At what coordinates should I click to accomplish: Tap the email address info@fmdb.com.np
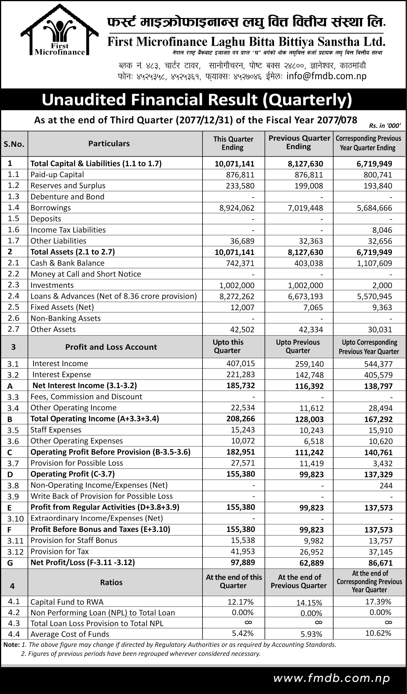(x=326, y=76)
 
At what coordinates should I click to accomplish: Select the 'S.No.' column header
(x=14, y=144)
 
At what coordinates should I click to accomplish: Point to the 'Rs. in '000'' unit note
(x=385, y=125)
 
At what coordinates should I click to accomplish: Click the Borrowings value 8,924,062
(x=237, y=208)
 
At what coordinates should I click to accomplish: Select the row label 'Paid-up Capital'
(x=57, y=175)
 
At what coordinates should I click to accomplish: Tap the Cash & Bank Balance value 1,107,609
(x=374, y=263)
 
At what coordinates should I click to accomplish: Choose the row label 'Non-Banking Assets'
(x=65, y=318)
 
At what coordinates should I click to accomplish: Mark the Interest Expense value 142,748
(x=309, y=375)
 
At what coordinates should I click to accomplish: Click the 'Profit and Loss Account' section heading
(x=111, y=347)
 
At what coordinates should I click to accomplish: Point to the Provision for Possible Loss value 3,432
(x=383, y=463)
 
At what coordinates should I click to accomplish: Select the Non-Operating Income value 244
(x=386, y=486)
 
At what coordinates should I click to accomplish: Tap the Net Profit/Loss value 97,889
(x=243, y=562)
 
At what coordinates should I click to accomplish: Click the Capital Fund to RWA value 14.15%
(x=309, y=603)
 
